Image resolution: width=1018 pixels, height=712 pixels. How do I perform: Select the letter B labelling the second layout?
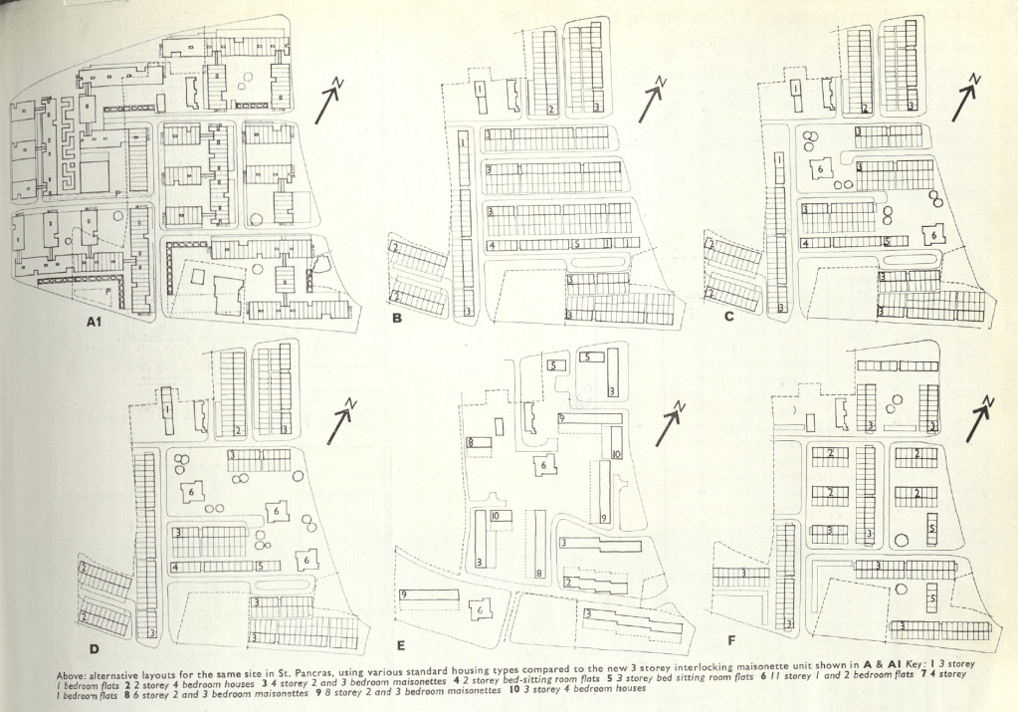(x=397, y=319)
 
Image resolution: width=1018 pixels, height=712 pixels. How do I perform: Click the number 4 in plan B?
(x=492, y=245)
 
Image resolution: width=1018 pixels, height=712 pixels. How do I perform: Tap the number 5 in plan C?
(x=886, y=241)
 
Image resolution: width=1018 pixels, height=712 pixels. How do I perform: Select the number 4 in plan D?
(x=174, y=567)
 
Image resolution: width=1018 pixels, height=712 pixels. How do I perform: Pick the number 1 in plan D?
(x=168, y=410)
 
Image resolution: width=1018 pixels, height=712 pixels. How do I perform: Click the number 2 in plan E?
(x=567, y=582)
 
